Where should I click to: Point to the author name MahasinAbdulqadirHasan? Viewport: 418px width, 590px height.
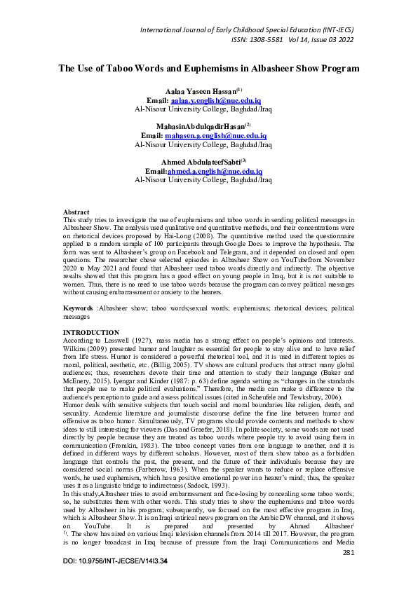pos(200,126)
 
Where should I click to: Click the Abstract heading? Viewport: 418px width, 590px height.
pos(76,211)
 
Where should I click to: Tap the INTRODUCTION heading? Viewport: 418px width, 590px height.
pos(91,331)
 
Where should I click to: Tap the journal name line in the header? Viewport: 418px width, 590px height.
pos(247,29)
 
